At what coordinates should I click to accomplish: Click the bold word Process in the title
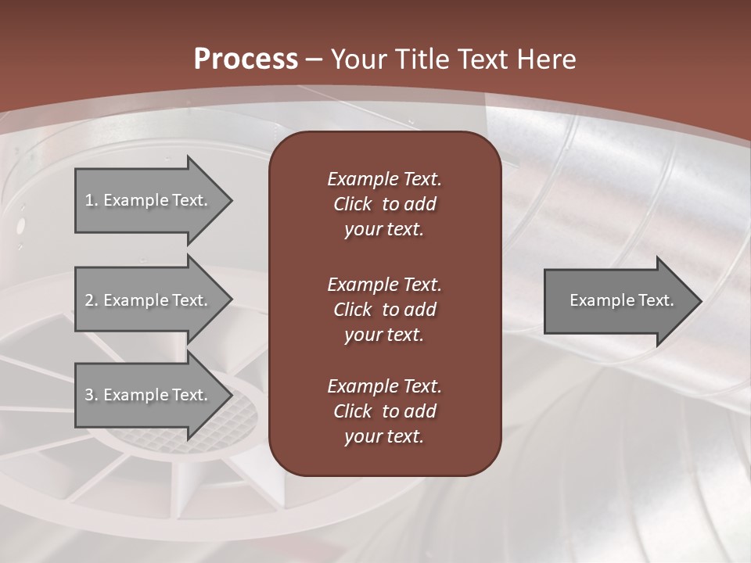[246, 59]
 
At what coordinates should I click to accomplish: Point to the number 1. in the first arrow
[91, 200]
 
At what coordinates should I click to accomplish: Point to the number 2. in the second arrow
[91, 300]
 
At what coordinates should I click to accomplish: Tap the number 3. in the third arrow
[91, 395]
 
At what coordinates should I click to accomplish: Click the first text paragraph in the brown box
[384, 204]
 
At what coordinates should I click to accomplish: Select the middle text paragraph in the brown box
[384, 310]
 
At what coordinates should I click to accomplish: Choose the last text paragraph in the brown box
[384, 411]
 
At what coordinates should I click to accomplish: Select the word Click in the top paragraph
[353, 204]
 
